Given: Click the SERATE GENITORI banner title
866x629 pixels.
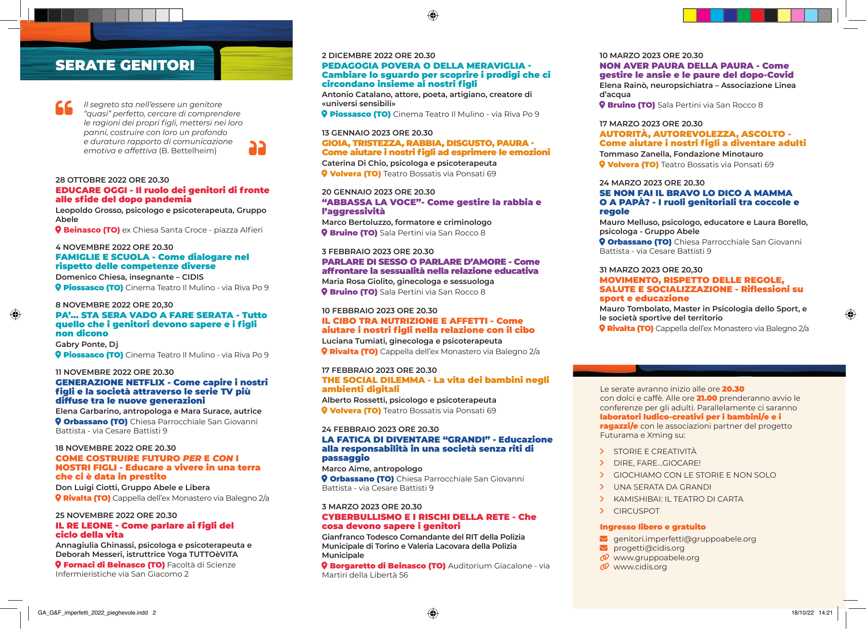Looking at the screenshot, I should pyautogui.click(x=125, y=65).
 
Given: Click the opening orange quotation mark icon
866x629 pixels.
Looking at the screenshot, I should pyautogui.click(x=64, y=108).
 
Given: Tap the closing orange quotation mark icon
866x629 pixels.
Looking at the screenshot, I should pyautogui.click(x=257, y=148).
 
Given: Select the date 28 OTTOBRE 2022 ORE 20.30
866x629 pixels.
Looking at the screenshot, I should pyautogui.click(x=112, y=180).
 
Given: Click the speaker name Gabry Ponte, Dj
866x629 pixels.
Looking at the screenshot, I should pyautogui.click(x=87, y=344).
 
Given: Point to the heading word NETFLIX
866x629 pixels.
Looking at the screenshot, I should pyautogui.click(x=144, y=382).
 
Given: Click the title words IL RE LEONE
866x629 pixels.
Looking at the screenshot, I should pyautogui.click(x=84, y=525).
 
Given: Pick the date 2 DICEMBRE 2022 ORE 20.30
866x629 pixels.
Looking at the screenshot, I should pyautogui.click(x=378, y=56).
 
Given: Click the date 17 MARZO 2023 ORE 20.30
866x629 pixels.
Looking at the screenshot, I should pyautogui.click(x=651, y=123).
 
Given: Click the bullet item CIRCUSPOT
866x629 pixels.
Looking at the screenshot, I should pyautogui.click(x=636, y=511).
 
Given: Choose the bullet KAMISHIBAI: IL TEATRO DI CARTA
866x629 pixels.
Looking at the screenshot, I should pyautogui.click(x=678, y=499).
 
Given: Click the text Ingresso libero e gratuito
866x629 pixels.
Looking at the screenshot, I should pyautogui.click(x=653, y=527).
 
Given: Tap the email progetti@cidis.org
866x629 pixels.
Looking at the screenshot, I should pyautogui.click(x=648, y=548).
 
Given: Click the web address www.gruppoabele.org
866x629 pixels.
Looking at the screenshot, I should pyautogui.click(x=656, y=557).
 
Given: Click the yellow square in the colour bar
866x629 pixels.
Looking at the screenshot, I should pyautogui.click(x=690, y=15).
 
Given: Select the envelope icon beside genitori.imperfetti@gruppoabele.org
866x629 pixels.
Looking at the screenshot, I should pyautogui.click(x=604, y=539).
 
